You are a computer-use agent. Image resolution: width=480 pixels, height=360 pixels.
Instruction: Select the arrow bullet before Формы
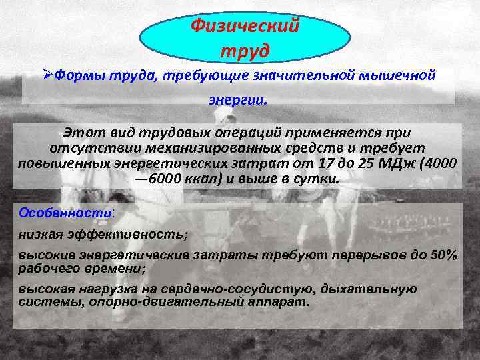pyautogui.click(x=47, y=75)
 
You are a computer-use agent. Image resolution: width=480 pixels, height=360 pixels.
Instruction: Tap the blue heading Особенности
pyautogui.click(x=65, y=213)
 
